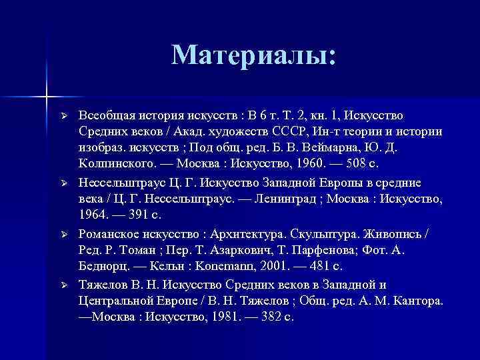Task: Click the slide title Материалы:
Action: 254,55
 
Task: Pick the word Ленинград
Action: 290,198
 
